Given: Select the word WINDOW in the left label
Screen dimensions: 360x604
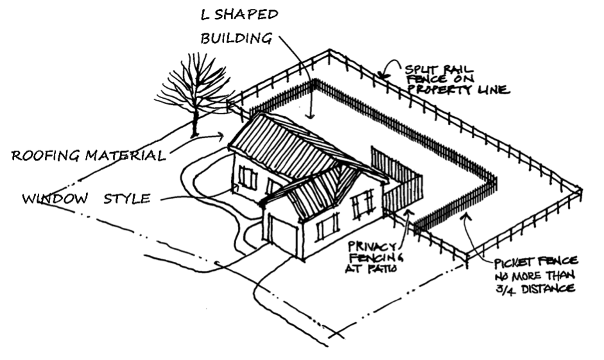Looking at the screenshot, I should coord(54,198).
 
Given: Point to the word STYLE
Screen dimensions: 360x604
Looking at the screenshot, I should coord(127,198).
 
